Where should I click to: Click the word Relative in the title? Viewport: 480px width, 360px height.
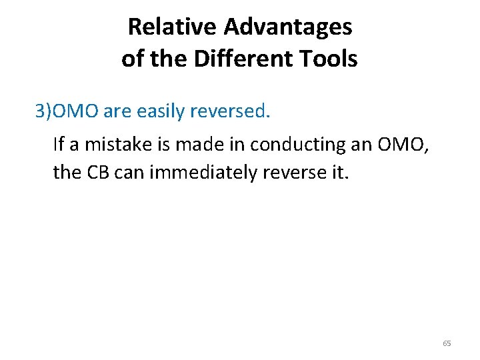pos(173,27)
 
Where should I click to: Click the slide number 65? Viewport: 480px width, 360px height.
pos(447,343)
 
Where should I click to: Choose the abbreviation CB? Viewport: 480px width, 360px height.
pos(97,173)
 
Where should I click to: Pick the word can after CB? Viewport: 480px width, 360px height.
pos(128,173)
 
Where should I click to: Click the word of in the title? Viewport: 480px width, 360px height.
pos(133,59)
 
